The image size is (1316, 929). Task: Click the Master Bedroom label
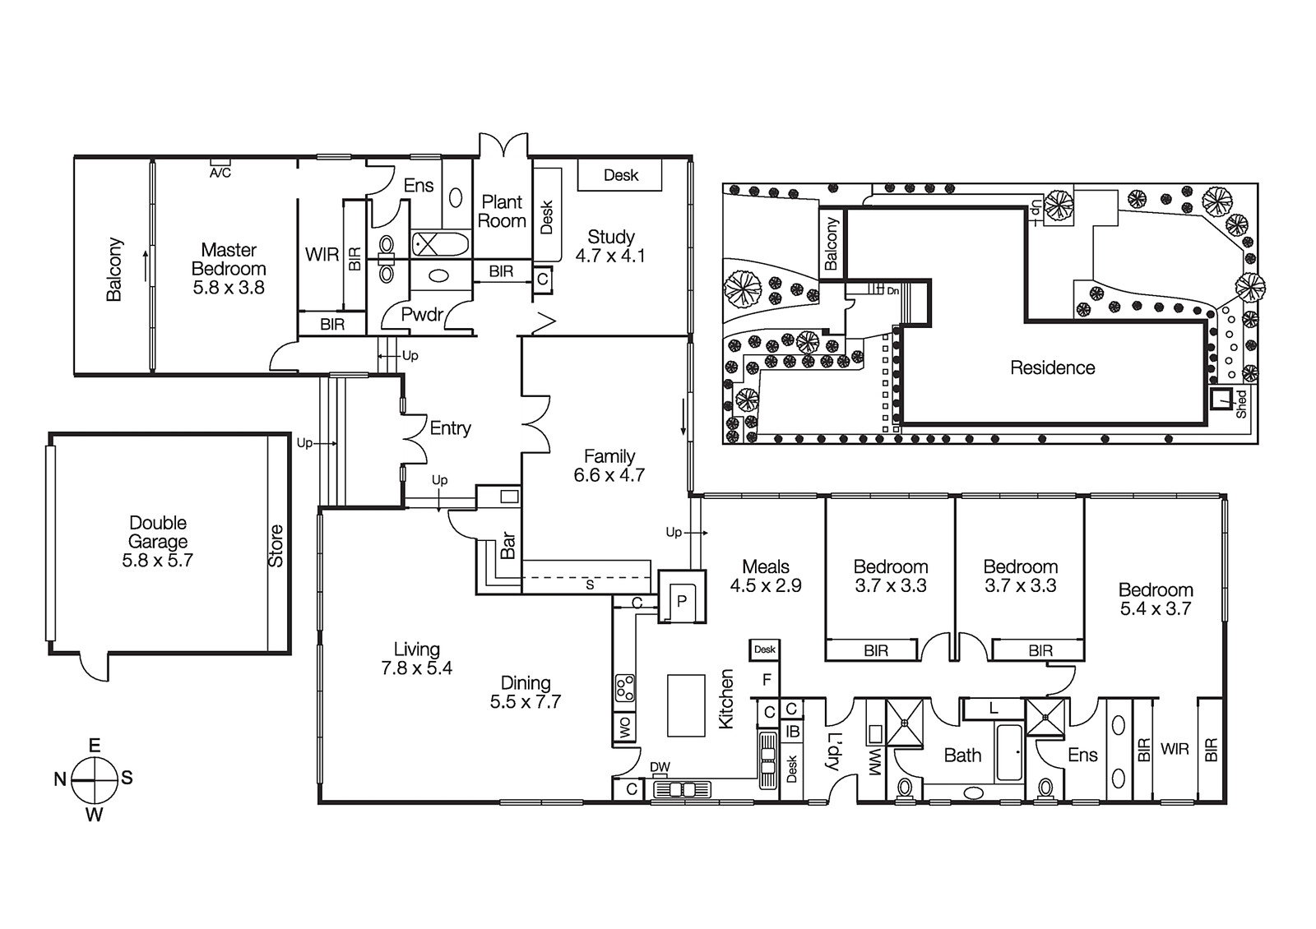[x=229, y=259]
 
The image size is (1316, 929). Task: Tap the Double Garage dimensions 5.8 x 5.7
[x=157, y=561]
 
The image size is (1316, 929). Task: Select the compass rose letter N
[x=60, y=779]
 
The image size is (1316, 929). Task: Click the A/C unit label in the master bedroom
[x=220, y=173]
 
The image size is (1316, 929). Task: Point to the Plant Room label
[x=502, y=211]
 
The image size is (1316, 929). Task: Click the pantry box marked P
[x=681, y=601]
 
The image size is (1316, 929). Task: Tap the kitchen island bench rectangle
[x=686, y=705]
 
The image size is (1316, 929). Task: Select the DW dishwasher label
[x=660, y=767]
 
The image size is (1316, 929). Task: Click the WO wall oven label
[x=624, y=728]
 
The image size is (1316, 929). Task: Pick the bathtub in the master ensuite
[x=440, y=244]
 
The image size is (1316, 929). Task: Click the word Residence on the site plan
[x=1052, y=368]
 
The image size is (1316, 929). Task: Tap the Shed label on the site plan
[x=1241, y=404]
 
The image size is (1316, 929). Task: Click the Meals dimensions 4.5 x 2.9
[x=765, y=586]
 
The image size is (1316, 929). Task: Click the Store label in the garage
[x=276, y=546]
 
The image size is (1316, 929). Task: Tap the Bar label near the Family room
[x=507, y=545]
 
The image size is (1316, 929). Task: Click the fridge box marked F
[x=767, y=680]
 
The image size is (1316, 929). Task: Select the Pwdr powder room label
[x=422, y=314]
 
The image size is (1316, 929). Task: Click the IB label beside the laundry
[x=792, y=731]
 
